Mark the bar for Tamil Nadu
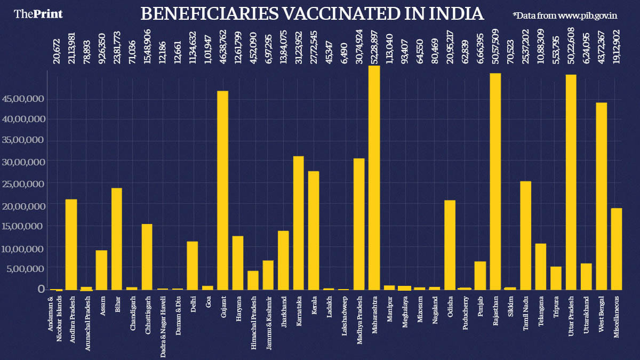coord(526,235)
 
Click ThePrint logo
coord(38,14)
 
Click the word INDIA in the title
coord(457,14)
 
